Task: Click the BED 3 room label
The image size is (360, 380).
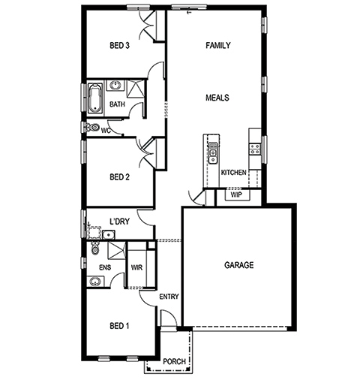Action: point(119,46)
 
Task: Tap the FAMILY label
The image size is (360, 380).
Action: point(218,45)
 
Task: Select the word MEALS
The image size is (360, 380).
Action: point(217,98)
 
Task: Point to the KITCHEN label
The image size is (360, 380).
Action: point(234,173)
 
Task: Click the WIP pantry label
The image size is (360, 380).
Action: point(236,195)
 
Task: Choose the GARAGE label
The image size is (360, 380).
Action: point(239,265)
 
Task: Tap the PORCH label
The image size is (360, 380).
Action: point(174,361)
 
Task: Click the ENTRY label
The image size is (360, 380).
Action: point(169,297)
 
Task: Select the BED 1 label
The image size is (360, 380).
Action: point(119,326)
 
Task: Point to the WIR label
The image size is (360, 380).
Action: point(136,267)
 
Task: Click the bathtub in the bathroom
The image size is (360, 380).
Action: point(95,98)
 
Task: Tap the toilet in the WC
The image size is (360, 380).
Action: point(92,128)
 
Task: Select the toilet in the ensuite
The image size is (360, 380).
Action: point(95,248)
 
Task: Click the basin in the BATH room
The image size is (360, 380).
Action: point(115,86)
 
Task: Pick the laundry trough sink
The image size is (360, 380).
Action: point(109,235)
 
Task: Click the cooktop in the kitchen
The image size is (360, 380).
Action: point(255,149)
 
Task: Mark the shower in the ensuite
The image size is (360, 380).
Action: point(116,251)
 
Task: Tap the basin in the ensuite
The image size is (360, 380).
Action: point(95,282)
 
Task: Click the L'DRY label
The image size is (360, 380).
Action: point(120,222)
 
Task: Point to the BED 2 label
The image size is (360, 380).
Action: point(120,177)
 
